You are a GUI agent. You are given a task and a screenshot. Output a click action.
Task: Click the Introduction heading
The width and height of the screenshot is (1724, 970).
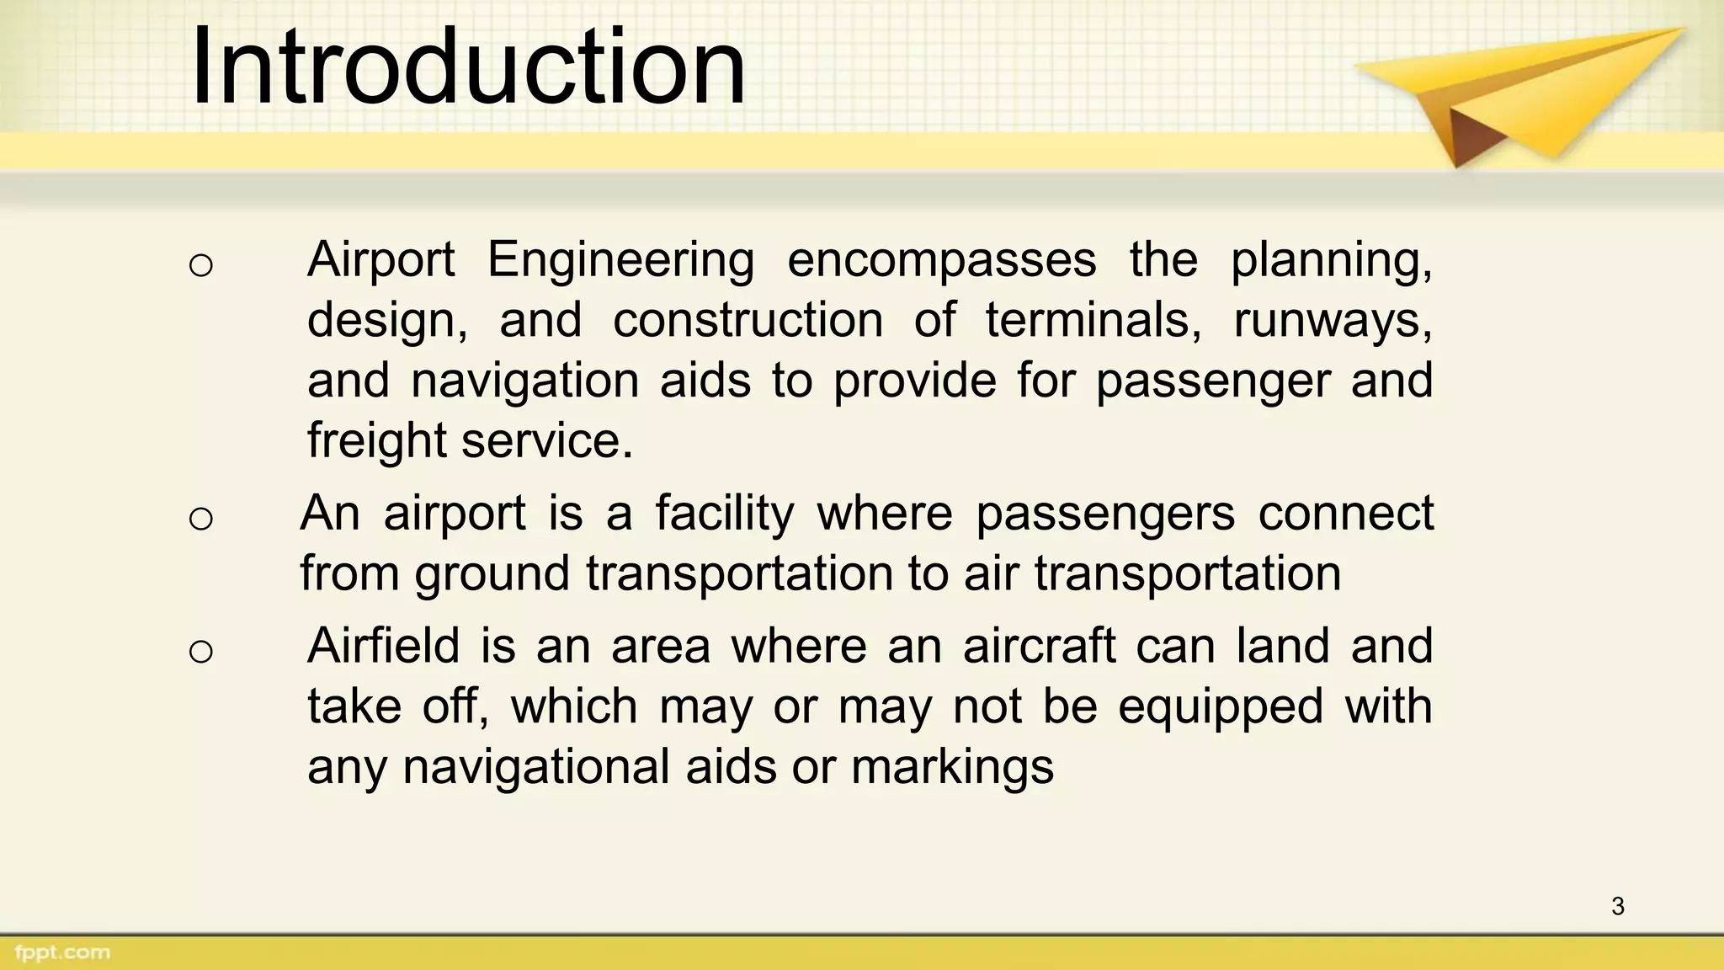(468, 67)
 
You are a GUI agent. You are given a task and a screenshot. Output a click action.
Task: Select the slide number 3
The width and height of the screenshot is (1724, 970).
(1617, 906)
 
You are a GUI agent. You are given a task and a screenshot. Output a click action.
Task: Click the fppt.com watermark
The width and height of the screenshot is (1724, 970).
(62, 953)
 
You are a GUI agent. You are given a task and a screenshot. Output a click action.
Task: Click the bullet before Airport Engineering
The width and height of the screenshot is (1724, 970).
(201, 266)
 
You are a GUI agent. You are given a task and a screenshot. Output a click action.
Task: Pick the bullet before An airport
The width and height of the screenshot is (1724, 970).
(201, 519)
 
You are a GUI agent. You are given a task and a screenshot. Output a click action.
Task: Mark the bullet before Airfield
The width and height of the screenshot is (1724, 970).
(201, 651)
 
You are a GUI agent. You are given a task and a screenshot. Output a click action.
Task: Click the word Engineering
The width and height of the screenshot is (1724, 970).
(620, 261)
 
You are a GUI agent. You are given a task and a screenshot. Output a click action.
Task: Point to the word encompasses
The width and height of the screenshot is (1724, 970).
(941, 261)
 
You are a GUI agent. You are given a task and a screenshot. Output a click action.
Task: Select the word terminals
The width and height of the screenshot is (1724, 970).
(1093, 321)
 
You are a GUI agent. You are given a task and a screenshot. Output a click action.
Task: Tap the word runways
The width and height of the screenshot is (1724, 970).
(1333, 321)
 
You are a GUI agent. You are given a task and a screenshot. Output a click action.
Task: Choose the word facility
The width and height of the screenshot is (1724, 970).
(724, 514)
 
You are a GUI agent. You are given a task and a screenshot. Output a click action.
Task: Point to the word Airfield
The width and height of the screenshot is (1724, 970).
(383, 646)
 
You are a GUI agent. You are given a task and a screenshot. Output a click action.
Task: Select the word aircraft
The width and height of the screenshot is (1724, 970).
(1039, 646)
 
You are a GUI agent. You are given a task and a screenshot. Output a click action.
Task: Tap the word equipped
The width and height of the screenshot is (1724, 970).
(1221, 707)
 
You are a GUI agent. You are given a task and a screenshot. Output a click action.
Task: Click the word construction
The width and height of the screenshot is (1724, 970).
(748, 321)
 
